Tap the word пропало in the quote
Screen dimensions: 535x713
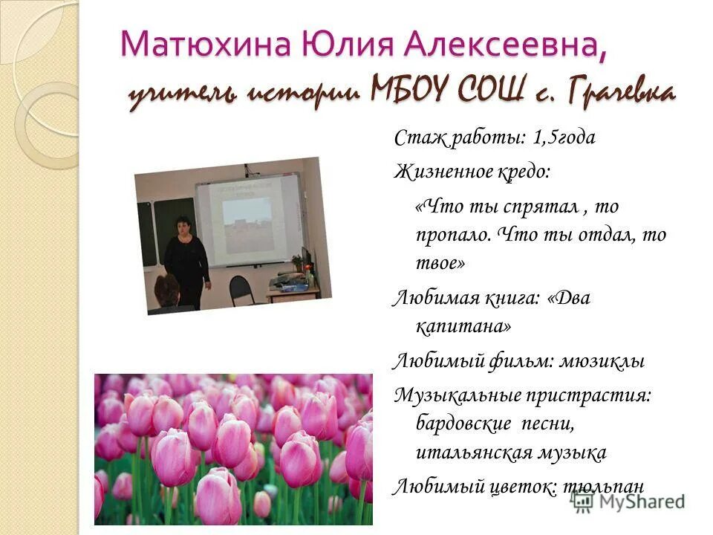pyautogui.click(x=452, y=235)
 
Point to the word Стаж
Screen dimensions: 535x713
pyautogui.click(x=417, y=137)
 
